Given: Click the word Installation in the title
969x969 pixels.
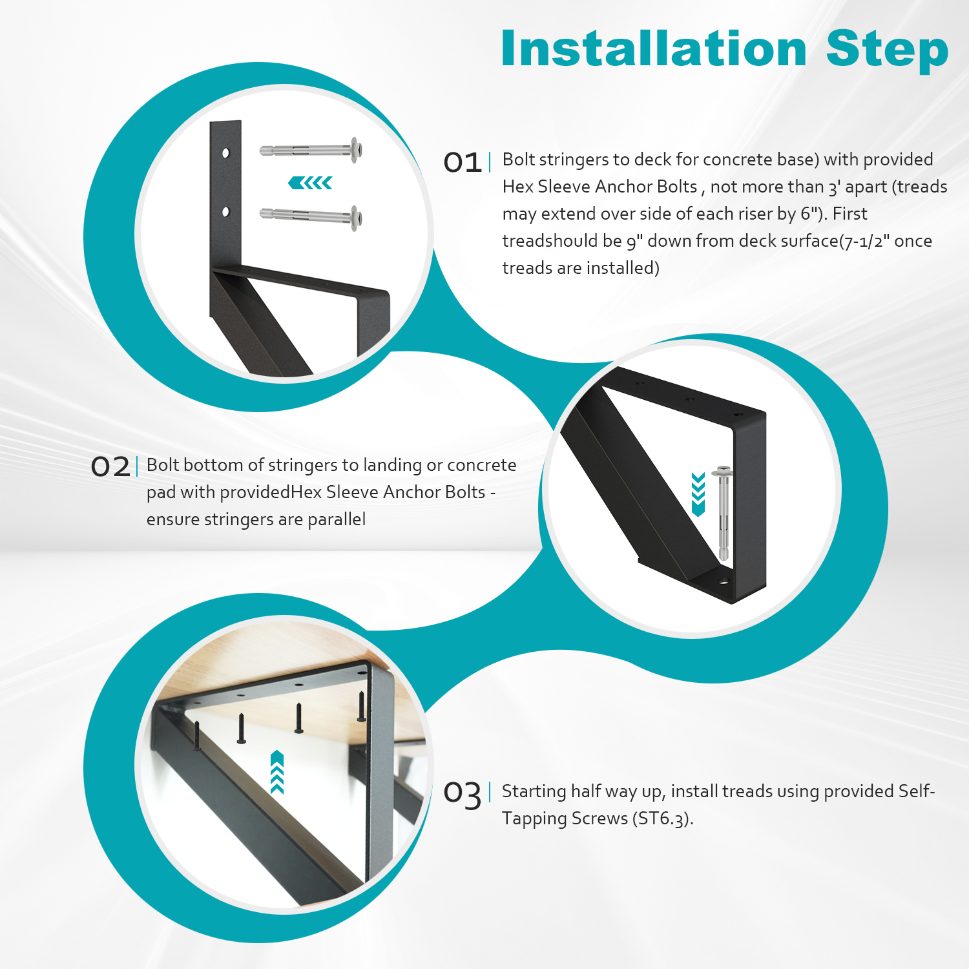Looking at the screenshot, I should click(x=654, y=49).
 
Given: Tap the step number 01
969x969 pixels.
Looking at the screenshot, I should click(x=463, y=162).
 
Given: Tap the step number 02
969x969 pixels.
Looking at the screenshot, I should click(x=110, y=466).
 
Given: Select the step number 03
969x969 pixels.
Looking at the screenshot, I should click(x=463, y=793).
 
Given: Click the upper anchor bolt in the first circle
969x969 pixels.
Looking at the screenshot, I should click(x=311, y=151).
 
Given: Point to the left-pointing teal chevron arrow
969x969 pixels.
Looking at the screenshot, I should click(x=311, y=183).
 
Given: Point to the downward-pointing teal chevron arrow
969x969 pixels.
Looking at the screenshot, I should click(x=698, y=494).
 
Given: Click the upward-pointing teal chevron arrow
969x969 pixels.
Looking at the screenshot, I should click(x=277, y=771).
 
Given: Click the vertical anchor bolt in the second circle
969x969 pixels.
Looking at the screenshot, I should click(x=723, y=514).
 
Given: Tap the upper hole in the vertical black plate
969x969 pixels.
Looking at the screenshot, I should click(x=225, y=153).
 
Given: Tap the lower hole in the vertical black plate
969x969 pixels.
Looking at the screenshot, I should click(x=225, y=211).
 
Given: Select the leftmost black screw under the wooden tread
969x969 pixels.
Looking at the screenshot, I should click(x=196, y=736).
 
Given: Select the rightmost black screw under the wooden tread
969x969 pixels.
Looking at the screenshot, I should click(x=361, y=707).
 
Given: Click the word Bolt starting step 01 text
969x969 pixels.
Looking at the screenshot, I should click(x=519, y=160).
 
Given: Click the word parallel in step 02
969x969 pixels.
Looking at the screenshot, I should click(x=337, y=519).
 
